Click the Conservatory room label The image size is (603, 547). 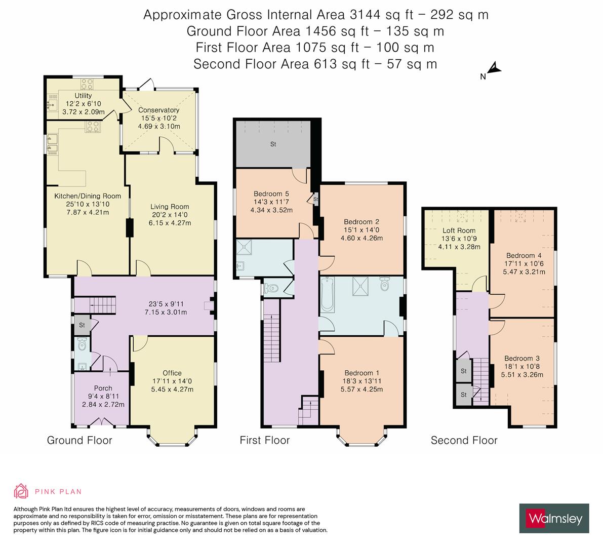click(159, 110)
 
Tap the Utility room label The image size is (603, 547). click(83, 96)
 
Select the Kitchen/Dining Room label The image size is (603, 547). click(88, 196)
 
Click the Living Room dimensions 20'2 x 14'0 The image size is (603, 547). click(170, 215)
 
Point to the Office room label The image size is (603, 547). click(172, 373)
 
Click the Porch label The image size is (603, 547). click(103, 388)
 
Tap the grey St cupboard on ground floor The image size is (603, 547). click(82, 325)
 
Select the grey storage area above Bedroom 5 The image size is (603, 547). click(273, 144)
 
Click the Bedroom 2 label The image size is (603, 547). click(361, 221)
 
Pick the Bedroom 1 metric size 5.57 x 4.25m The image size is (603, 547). click(361, 389)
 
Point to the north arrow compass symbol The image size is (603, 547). click(492, 69)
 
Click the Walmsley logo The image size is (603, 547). click(554, 518)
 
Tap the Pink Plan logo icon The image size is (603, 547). click(22, 491)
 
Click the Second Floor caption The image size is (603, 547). click(464, 440)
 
